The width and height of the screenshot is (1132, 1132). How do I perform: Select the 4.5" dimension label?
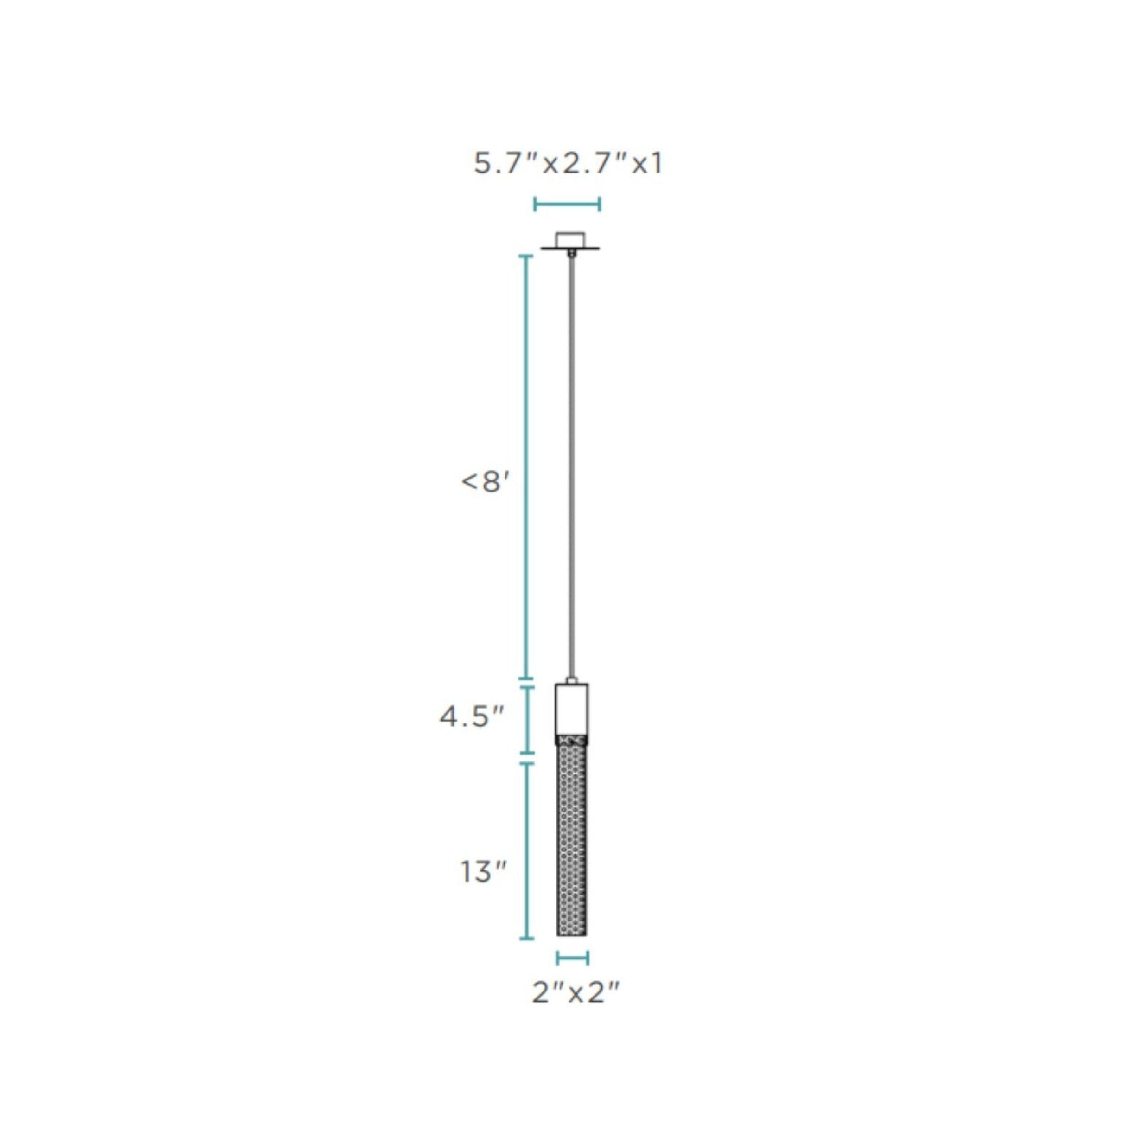pyautogui.click(x=472, y=717)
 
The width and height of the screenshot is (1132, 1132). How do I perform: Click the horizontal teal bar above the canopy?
pyautogui.click(x=567, y=204)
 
